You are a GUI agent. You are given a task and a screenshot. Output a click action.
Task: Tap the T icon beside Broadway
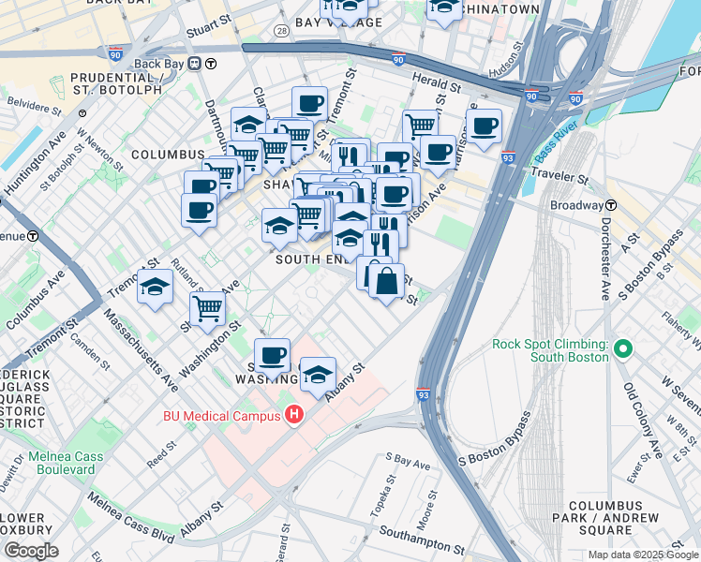(610, 205)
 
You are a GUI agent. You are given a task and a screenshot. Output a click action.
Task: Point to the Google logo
(30, 551)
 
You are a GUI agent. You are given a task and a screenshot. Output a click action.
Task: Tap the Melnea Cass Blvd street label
(137, 537)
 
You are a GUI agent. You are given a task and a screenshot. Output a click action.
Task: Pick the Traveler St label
(559, 175)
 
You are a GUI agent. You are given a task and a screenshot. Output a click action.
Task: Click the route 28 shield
(280, 31)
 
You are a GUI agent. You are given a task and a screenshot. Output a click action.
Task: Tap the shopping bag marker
(386, 280)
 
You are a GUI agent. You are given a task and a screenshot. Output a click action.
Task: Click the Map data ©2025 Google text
(643, 555)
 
